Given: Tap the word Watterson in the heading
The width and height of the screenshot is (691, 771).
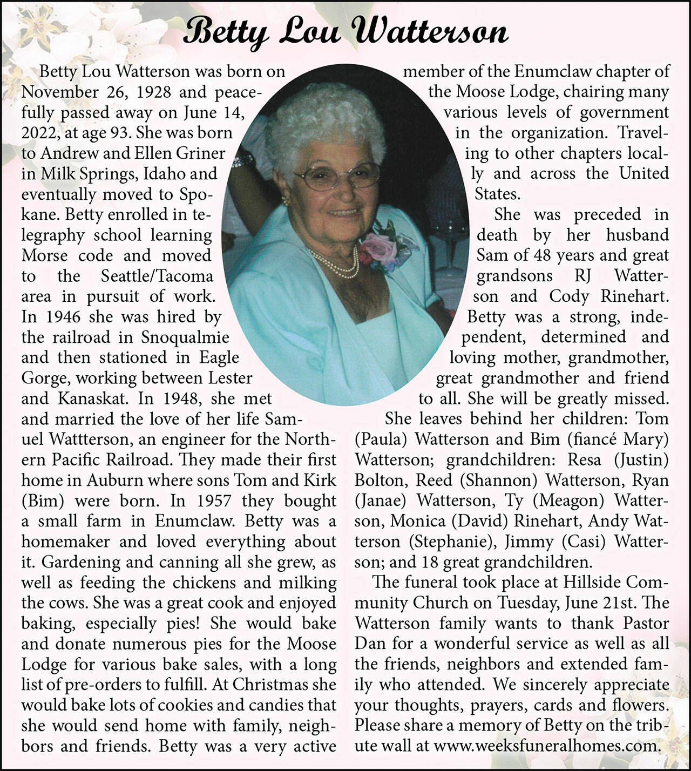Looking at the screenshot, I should tap(432, 31).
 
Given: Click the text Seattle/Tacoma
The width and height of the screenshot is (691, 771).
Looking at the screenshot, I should tap(157, 276).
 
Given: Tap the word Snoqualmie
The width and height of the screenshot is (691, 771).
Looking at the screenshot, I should tap(185, 337).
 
